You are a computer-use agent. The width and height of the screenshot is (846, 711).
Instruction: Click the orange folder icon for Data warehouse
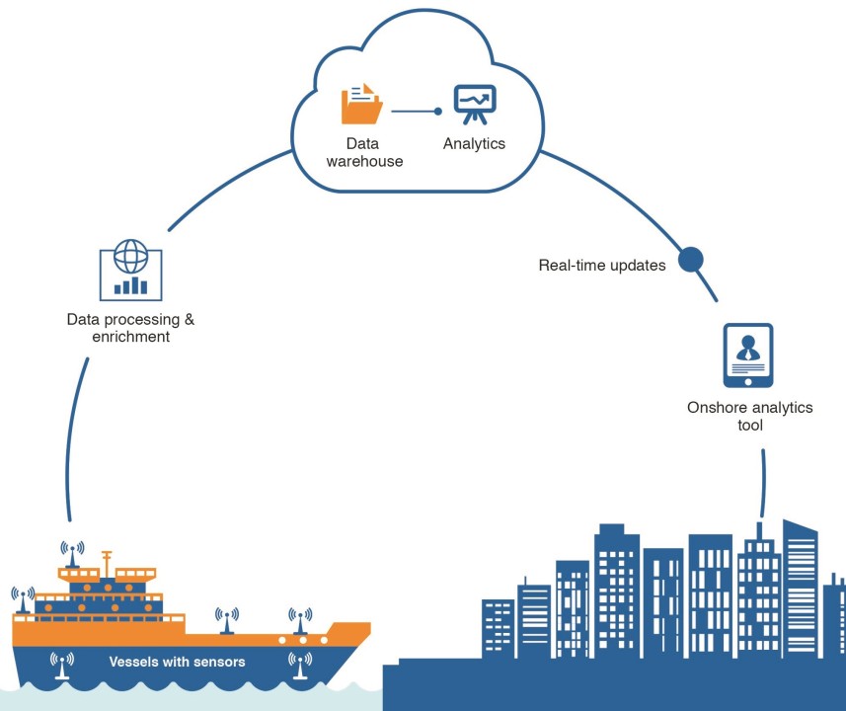[361, 104]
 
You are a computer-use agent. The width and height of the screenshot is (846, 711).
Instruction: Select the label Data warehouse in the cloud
[368, 152]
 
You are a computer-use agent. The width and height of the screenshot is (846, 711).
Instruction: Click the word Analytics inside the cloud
[474, 144]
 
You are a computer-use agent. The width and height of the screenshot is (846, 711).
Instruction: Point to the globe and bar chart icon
[130, 269]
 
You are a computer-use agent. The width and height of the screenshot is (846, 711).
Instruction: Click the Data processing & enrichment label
[130, 328]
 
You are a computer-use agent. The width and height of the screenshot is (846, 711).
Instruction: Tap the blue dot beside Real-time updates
[691, 260]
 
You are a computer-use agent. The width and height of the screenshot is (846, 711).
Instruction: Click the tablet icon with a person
[748, 355]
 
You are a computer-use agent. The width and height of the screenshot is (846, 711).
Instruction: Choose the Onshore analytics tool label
[750, 416]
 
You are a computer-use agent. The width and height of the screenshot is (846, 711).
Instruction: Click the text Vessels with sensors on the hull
[177, 662]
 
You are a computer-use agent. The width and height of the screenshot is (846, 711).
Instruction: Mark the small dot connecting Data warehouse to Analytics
[438, 112]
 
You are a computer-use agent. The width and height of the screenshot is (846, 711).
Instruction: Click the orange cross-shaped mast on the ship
[107, 559]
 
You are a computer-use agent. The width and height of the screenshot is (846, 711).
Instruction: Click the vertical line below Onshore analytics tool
[762, 484]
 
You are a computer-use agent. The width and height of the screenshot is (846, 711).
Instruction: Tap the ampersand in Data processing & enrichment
[189, 320]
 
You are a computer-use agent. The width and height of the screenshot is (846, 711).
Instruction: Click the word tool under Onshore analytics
[750, 426]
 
